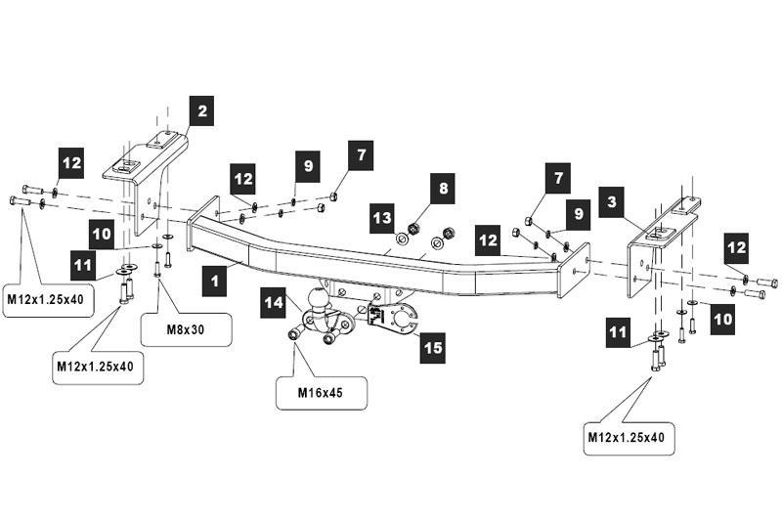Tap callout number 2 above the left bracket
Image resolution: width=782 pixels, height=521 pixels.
point(201,112)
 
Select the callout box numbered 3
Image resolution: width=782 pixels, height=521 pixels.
point(613,202)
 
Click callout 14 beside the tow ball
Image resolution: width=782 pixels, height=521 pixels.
point(275,304)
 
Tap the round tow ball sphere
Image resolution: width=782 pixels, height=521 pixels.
point(320,298)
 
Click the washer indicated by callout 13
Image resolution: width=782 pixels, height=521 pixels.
point(402,239)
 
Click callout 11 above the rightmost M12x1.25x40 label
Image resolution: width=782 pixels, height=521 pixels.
point(617,333)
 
